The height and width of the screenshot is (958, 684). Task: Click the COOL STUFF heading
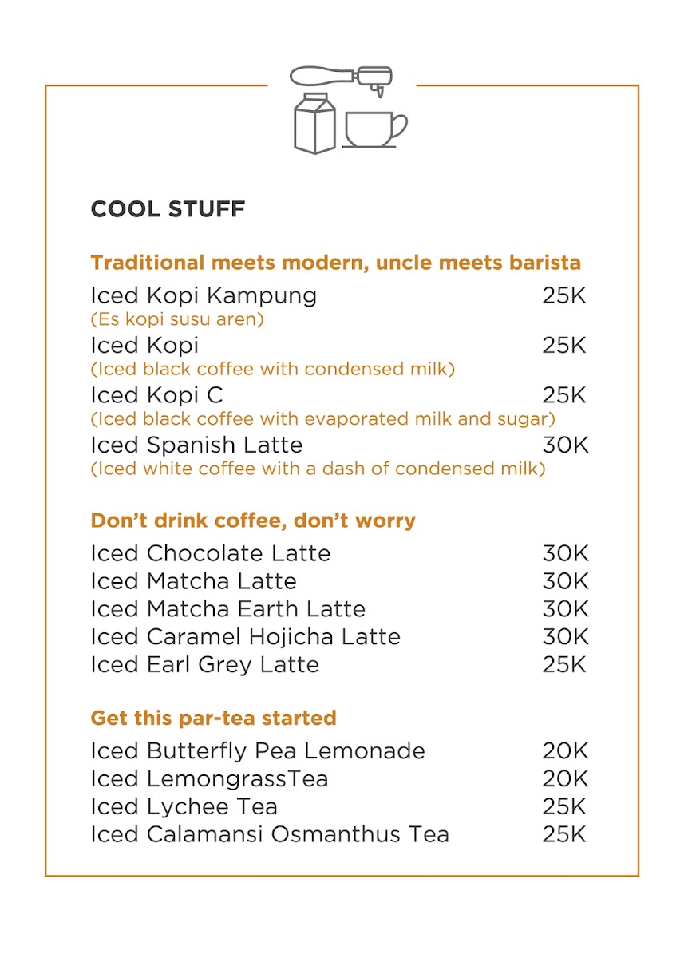pos(168,209)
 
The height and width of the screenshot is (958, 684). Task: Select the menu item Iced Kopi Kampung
pos(204,295)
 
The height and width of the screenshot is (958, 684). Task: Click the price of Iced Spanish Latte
pos(565,445)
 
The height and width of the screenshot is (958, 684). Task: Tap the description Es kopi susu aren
pos(177,319)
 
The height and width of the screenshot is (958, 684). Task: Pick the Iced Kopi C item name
pos(156,395)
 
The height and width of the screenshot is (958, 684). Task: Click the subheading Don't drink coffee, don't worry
pos(253,521)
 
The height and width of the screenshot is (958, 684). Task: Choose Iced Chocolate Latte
pos(210,553)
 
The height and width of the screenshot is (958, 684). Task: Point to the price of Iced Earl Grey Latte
pos(564,664)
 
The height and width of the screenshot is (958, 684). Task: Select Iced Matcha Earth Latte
pos(227,609)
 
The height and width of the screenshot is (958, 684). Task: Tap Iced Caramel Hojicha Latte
pos(245,637)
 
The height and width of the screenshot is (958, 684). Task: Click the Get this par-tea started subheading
pos(213,718)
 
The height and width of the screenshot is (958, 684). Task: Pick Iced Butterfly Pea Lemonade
pos(257,751)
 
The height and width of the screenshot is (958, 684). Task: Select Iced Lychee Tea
pos(184,806)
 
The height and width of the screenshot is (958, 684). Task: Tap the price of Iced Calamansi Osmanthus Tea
pos(564,834)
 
